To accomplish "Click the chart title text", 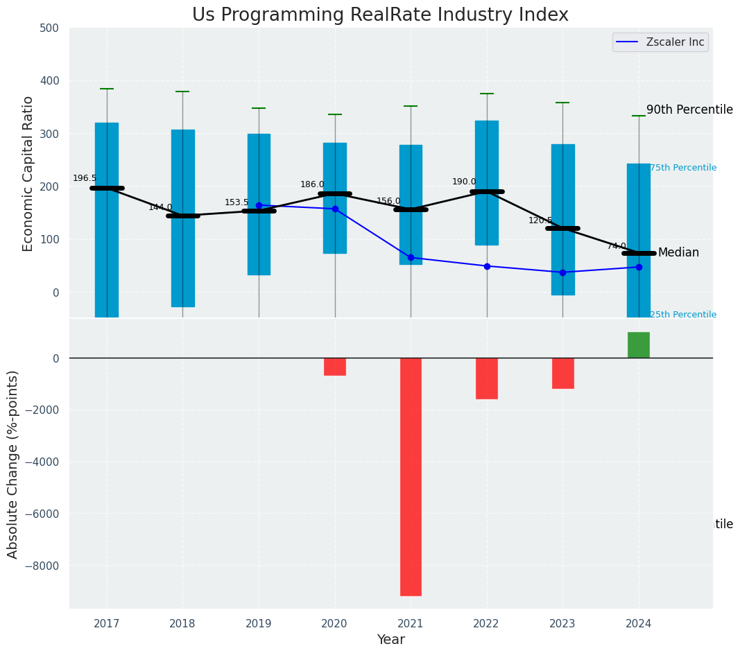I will (380, 15).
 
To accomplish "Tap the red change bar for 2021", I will (411, 476).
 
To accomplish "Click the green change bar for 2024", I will (639, 345).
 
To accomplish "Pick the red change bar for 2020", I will (335, 367).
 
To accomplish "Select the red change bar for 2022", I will (487, 378).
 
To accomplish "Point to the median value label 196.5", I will (85, 178).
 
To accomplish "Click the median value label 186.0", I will (312, 184).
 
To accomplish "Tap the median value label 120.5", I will (540, 220).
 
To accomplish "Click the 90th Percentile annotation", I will (689, 110).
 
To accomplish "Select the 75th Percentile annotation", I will (683, 168).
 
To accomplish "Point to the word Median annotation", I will (678, 253).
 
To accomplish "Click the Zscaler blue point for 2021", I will (411, 258).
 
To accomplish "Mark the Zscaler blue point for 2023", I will (562, 272).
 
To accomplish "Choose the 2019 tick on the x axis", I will (259, 624).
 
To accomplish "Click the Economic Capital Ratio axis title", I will (28, 174).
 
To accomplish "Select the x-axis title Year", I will (391, 640).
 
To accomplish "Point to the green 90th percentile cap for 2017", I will (107, 89).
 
